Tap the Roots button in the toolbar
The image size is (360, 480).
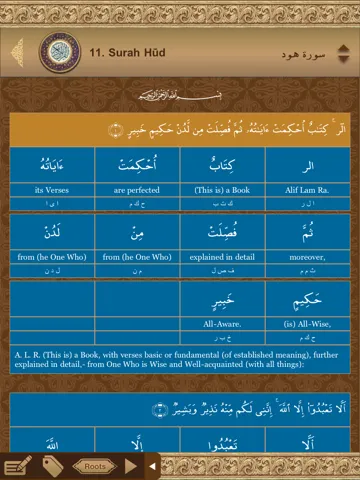pos(95,466)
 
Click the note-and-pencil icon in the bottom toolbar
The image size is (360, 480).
pos(18,465)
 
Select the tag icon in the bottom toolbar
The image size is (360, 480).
pos(53,466)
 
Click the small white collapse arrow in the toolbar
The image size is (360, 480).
pos(152,466)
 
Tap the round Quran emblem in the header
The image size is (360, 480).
pos(59,51)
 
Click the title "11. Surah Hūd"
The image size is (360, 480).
pos(127,51)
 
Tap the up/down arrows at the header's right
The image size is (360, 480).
pos(345,51)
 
